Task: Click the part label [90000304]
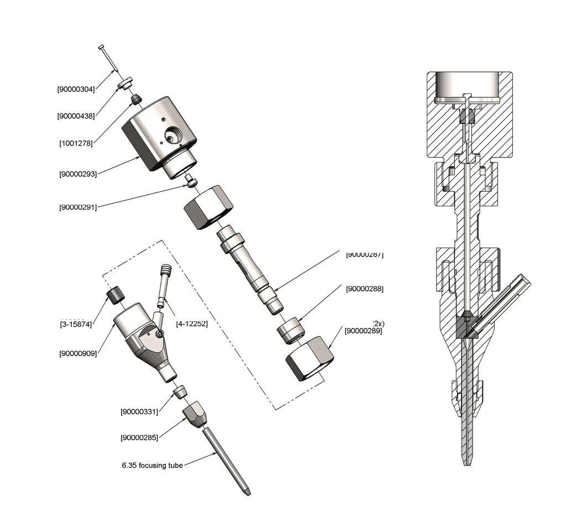(76, 88)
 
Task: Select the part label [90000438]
(76, 116)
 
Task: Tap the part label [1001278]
(76, 143)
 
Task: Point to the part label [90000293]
(78, 174)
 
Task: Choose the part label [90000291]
(78, 207)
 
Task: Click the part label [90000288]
(364, 289)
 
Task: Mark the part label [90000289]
(363, 331)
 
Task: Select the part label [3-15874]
(75, 324)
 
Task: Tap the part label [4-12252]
(191, 323)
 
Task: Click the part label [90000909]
(78, 353)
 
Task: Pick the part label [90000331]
(139, 411)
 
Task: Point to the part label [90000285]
(139, 437)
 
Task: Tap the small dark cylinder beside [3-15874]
(115, 295)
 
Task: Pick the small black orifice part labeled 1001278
(134, 100)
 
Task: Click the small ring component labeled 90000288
(290, 331)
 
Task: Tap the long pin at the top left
(108, 58)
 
